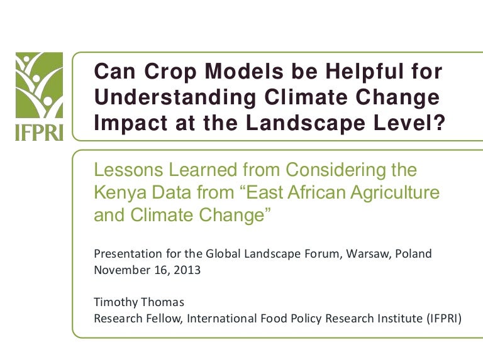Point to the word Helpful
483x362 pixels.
point(360,72)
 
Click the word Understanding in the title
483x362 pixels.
point(174,98)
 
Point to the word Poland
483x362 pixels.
point(415,255)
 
